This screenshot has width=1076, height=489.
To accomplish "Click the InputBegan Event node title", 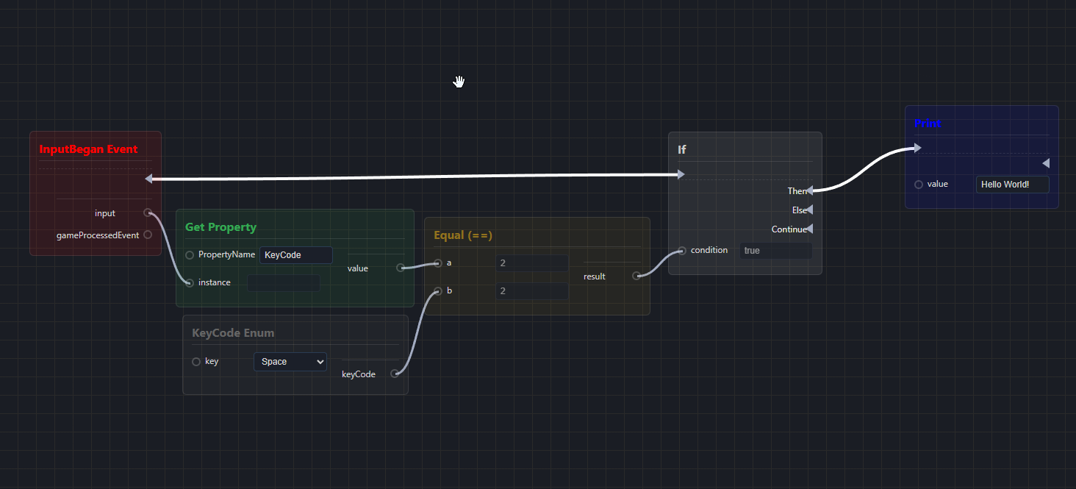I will (88, 149).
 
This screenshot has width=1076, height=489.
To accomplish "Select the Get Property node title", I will (220, 227).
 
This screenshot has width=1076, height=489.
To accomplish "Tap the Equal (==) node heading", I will (463, 235).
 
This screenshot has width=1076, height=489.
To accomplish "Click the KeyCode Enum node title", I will (233, 333).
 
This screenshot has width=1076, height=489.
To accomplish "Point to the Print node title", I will (928, 124).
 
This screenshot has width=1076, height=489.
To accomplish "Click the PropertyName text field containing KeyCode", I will (295, 255).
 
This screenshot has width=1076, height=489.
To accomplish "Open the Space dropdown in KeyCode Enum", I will (290, 362).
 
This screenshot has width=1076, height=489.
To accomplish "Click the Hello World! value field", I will (1012, 185).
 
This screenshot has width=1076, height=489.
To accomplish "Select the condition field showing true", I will (775, 251).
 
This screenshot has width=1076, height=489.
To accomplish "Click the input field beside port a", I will (531, 263).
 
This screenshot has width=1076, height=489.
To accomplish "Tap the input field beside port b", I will (531, 291).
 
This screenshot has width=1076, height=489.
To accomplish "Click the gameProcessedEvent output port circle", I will (148, 235).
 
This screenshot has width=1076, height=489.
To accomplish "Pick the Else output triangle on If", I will (809, 210).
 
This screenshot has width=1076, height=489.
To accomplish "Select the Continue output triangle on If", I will (809, 229).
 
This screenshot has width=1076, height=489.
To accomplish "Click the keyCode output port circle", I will (395, 374).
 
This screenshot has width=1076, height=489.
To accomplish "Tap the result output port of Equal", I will (636, 276).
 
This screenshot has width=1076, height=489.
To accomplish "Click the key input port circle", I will (196, 362).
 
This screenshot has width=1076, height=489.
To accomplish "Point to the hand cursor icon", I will (459, 82).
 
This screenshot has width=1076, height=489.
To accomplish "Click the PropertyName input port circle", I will (190, 255).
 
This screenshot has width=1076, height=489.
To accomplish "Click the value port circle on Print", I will (919, 185).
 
